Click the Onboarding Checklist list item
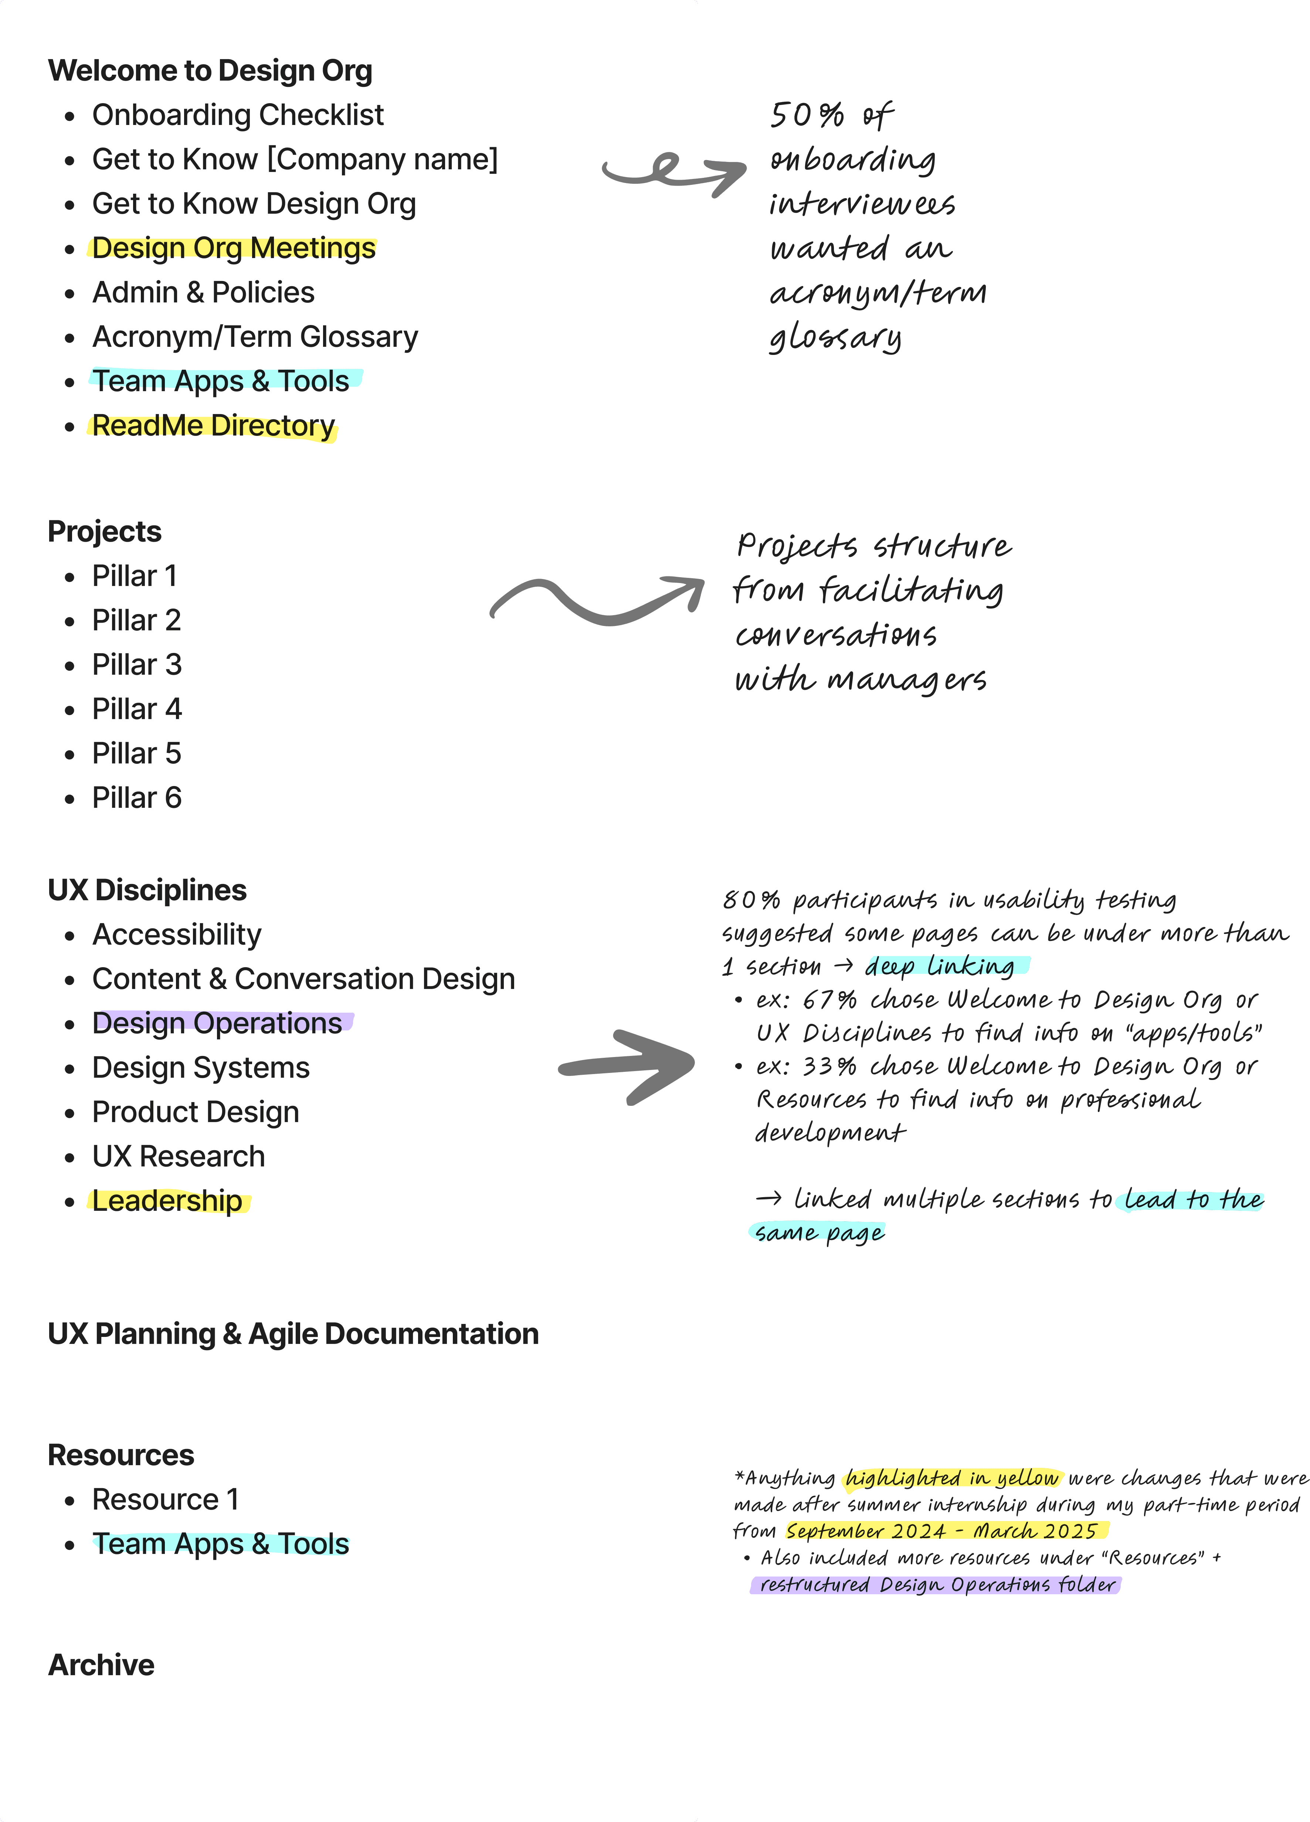[238, 115]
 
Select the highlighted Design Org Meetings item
[234, 248]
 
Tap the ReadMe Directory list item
[214, 426]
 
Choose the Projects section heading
[104, 531]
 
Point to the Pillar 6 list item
[136, 798]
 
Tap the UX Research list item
[178, 1156]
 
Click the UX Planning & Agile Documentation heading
[293, 1334]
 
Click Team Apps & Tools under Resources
[221, 1544]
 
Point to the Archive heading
[101, 1664]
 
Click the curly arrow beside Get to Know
[673, 170]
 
